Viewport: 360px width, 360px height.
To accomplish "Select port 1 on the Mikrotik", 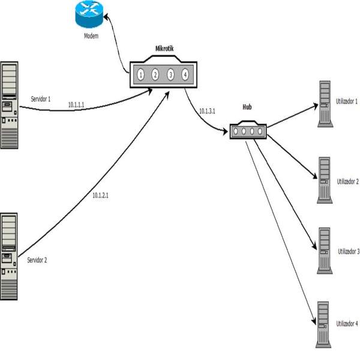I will (x=140, y=75).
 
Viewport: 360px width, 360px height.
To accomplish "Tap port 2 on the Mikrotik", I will (x=155, y=75).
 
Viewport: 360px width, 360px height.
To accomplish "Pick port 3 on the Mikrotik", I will (x=170, y=75).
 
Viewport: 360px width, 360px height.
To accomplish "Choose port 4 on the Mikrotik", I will (x=185, y=75).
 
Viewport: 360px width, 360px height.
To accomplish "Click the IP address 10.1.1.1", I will (x=77, y=104).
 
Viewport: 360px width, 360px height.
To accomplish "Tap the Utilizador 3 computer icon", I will (x=325, y=250).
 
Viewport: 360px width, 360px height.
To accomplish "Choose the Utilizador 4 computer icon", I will (x=325, y=325).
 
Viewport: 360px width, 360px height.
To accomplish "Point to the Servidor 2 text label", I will (x=41, y=260).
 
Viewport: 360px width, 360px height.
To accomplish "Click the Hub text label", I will (x=247, y=106).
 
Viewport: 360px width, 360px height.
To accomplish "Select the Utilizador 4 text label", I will (x=347, y=323).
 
